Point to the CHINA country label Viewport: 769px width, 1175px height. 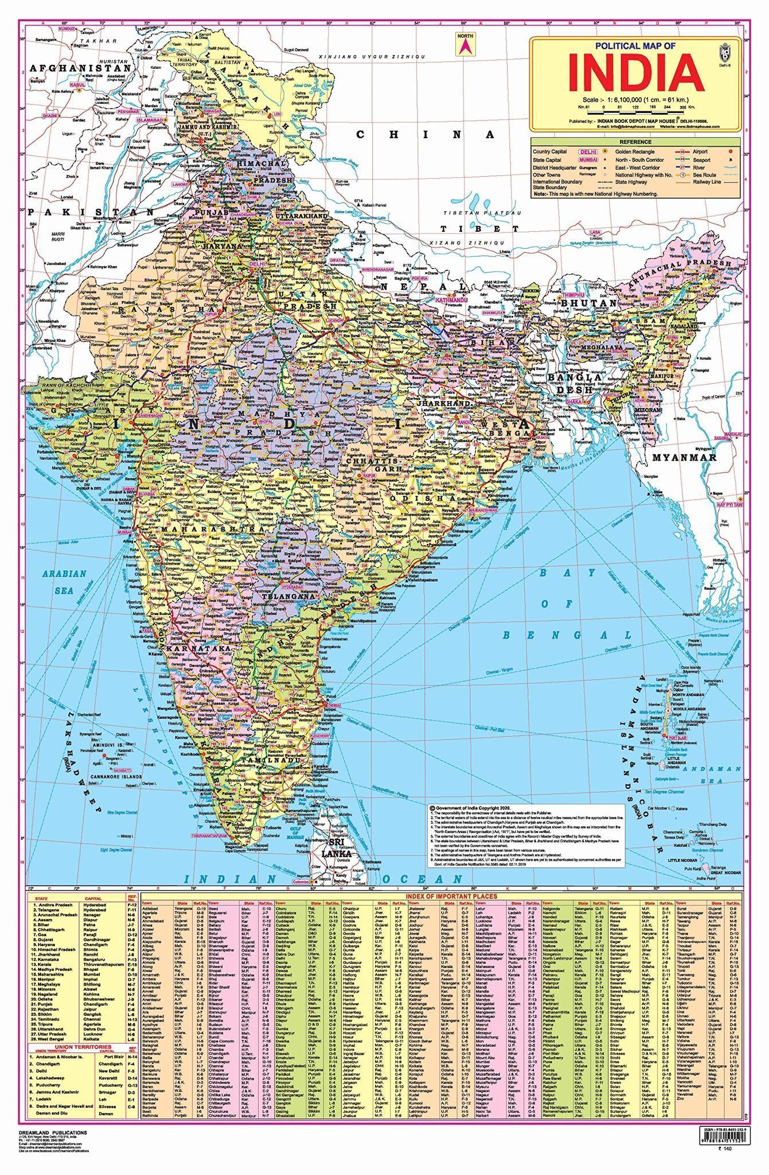425,135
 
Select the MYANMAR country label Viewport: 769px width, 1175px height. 684,457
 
